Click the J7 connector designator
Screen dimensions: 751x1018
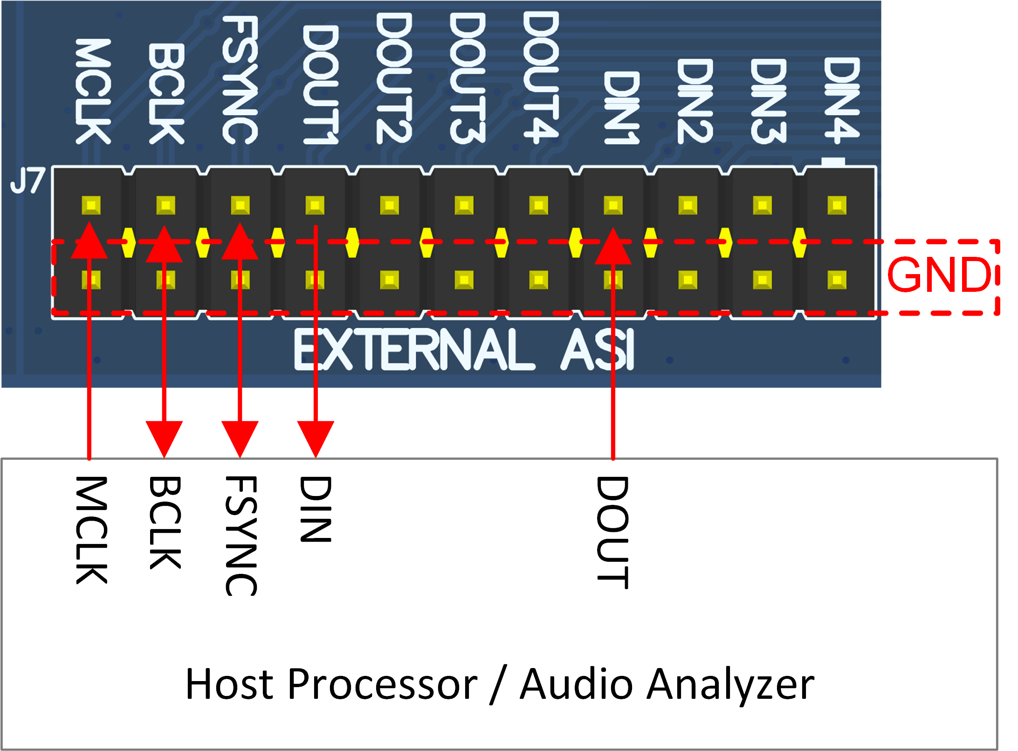(x=28, y=181)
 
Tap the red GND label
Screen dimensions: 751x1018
(x=939, y=275)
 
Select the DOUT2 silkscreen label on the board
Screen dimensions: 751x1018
(x=393, y=78)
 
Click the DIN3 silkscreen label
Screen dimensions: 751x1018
(x=768, y=101)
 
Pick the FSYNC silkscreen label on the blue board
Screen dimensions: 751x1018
(x=240, y=80)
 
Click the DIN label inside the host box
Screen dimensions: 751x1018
(x=316, y=509)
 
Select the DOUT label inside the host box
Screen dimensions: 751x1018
(x=612, y=532)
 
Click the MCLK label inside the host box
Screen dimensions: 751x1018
(x=91, y=530)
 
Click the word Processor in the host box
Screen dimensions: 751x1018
(x=382, y=684)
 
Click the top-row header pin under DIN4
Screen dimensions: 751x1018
(x=837, y=205)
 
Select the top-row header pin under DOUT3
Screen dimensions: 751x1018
(x=464, y=205)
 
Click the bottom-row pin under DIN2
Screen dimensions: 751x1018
(x=688, y=280)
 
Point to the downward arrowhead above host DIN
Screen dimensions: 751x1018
(x=316, y=438)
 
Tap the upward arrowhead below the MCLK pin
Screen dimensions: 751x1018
(x=89, y=241)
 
